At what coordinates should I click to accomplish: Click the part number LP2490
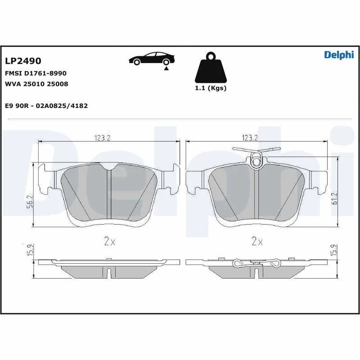(x=23, y=61)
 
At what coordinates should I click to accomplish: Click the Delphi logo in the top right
(x=339, y=55)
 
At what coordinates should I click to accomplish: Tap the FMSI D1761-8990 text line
(x=36, y=73)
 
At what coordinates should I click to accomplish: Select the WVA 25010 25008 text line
(x=36, y=84)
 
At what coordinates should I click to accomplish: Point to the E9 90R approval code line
(x=46, y=106)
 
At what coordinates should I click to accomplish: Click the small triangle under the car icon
(x=166, y=68)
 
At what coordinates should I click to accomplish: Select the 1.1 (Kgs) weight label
(x=210, y=88)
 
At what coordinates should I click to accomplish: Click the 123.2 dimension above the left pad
(x=103, y=138)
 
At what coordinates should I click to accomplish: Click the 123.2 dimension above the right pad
(x=250, y=137)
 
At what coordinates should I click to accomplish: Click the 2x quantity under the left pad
(x=109, y=242)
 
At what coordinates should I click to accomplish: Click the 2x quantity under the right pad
(x=257, y=242)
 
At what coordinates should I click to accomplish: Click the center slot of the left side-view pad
(x=109, y=272)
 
